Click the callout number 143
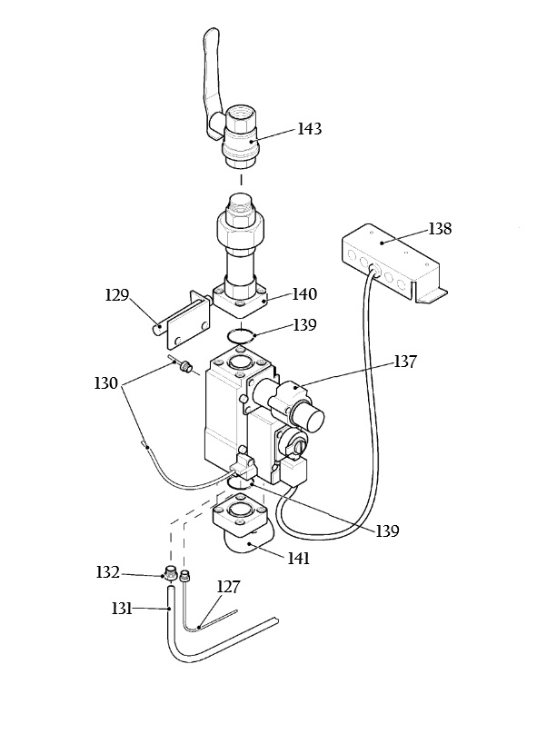[x=310, y=129]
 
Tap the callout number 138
[x=440, y=229]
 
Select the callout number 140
[x=305, y=294]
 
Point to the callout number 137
[x=405, y=362]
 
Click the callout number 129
[x=116, y=295]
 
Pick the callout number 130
[x=105, y=383]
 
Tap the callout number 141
[x=299, y=559]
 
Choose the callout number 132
[x=108, y=572]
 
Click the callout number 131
[x=123, y=609]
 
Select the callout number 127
[x=228, y=587]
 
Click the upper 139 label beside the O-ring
[x=305, y=325]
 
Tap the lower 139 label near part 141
[x=387, y=531]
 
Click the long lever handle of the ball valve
[x=209, y=80]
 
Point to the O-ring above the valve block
[x=241, y=336]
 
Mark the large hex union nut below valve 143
[x=242, y=228]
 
